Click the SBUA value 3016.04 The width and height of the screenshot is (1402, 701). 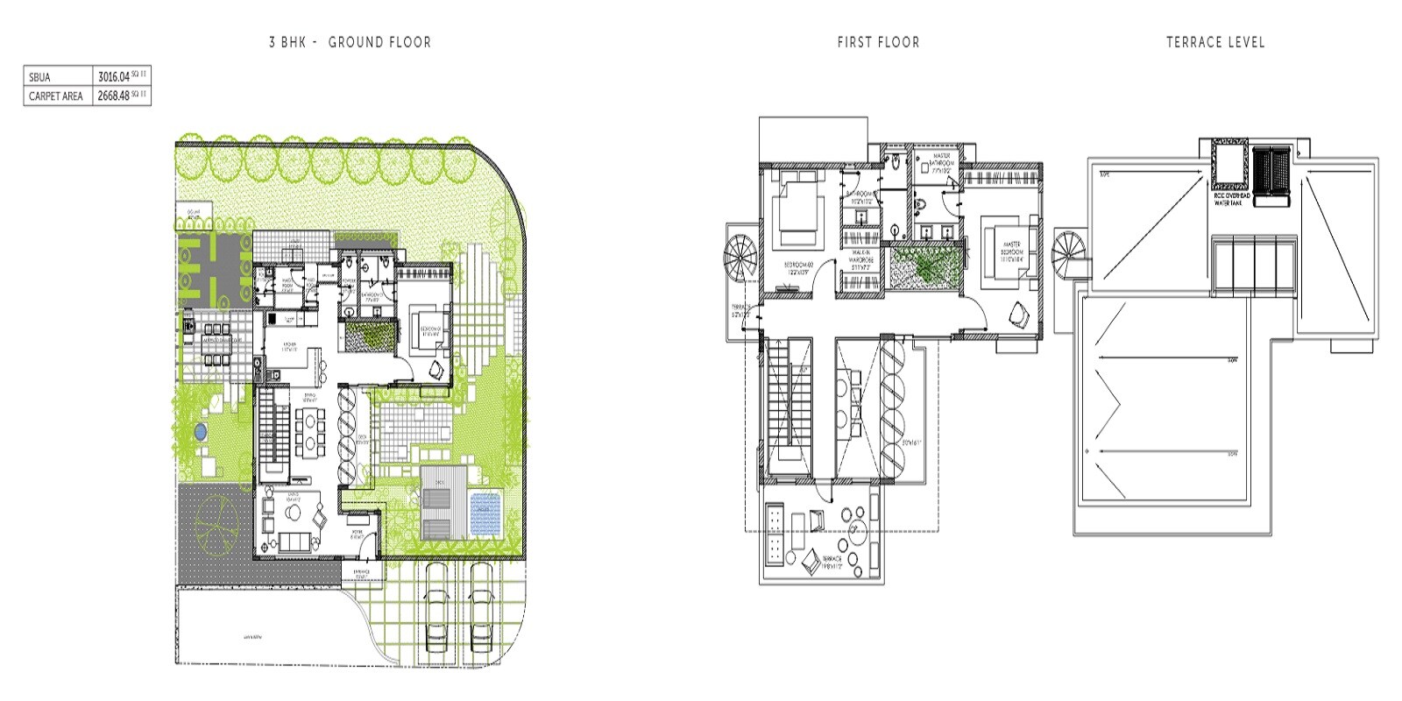(x=114, y=77)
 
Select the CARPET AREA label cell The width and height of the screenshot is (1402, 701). (x=56, y=96)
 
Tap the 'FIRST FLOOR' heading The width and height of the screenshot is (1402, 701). (x=878, y=42)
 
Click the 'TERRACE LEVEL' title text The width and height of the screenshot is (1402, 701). (x=1214, y=42)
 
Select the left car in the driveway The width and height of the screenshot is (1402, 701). (x=435, y=618)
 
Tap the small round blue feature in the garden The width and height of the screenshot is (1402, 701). (x=201, y=431)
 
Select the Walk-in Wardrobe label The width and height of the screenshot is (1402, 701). (x=860, y=260)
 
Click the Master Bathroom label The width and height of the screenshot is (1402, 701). (x=941, y=163)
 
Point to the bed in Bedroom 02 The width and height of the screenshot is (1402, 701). (x=797, y=210)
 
